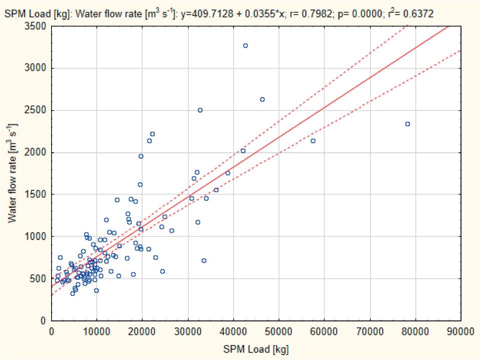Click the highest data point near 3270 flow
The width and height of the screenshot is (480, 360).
pyautogui.click(x=246, y=46)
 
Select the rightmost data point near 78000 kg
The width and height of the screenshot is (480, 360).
pyautogui.click(x=407, y=124)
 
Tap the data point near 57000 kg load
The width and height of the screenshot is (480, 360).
pyautogui.click(x=313, y=141)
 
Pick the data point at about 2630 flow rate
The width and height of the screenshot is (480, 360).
pyautogui.click(x=262, y=100)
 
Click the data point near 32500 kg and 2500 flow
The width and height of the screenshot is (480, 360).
pyautogui.click(x=200, y=110)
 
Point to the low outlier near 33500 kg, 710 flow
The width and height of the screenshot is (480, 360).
pyautogui.click(x=203, y=260)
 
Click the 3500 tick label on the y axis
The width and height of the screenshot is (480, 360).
pyautogui.click(x=37, y=26)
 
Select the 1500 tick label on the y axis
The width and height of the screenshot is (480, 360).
pyautogui.click(x=37, y=194)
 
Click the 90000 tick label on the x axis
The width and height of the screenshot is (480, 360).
pyautogui.click(x=460, y=331)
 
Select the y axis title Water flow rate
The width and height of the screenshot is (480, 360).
pyautogui.click(x=12, y=173)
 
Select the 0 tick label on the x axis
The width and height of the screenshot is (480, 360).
pyautogui.click(x=52, y=331)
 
